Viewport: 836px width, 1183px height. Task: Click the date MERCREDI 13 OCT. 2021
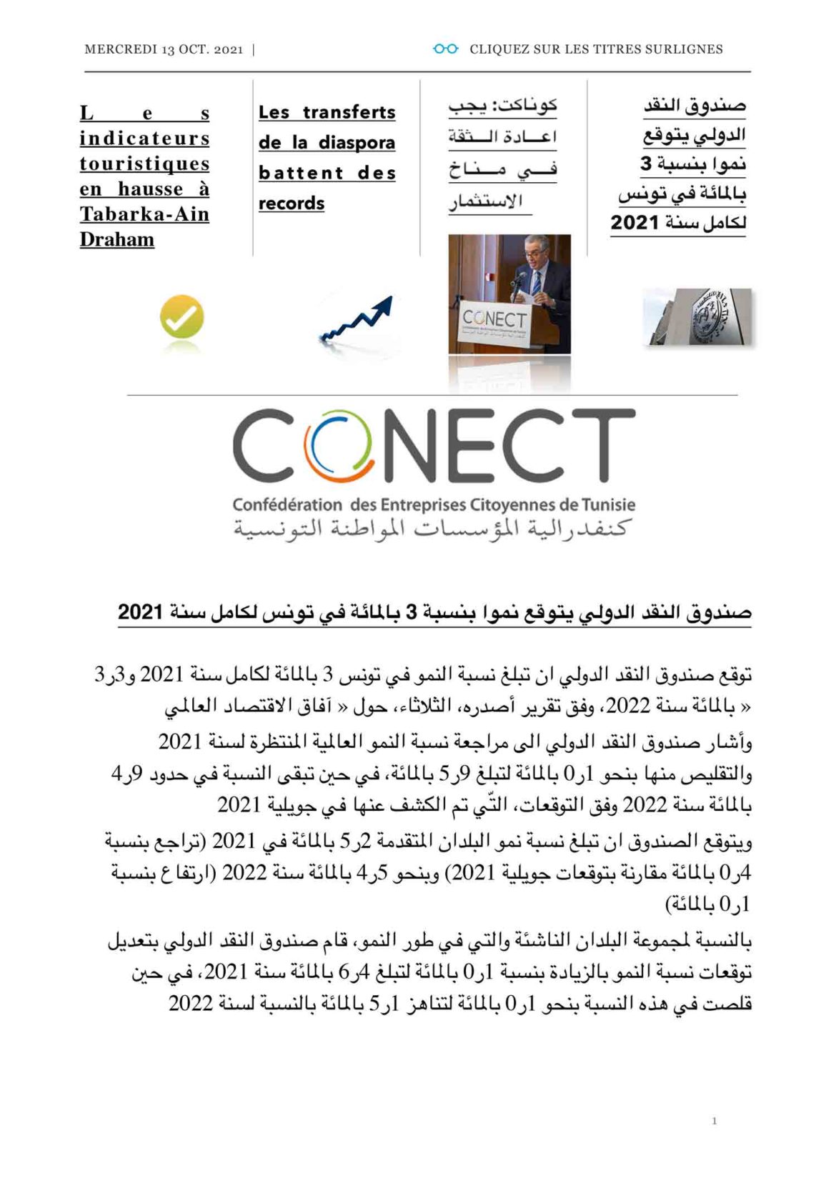(x=164, y=49)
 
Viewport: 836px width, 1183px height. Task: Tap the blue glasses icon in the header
(x=445, y=49)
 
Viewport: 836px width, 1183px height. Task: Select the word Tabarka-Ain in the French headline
(x=144, y=214)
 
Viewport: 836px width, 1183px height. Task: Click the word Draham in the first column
(x=117, y=239)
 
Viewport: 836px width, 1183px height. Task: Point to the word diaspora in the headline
(x=357, y=143)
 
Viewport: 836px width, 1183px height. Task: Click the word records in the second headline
(x=292, y=204)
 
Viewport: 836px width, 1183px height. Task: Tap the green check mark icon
(x=181, y=317)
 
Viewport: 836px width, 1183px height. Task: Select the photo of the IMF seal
(x=697, y=317)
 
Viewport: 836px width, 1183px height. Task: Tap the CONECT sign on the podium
(x=494, y=321)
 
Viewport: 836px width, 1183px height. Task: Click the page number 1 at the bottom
(x=714, y=1121)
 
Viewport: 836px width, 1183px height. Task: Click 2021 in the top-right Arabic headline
(x=635, y=223)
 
